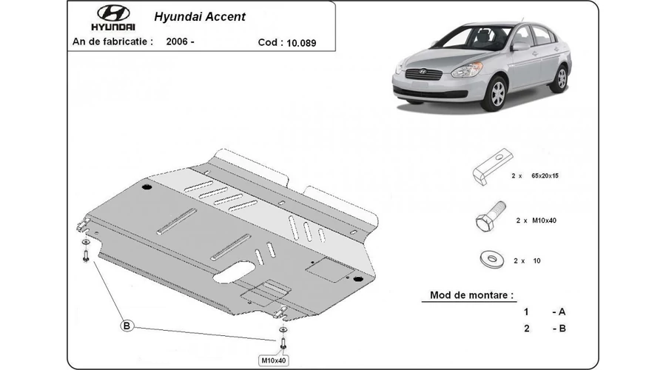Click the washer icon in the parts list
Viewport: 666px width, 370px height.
pyautogui.click(x=489, y=258)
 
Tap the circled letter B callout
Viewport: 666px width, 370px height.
pyautogui.click(x=127, y=326)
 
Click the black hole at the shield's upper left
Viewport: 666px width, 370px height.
pyautogui.click(x=147, y=186)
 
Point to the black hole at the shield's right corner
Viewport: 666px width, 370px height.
pyautogui.click(x=357, y=278)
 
